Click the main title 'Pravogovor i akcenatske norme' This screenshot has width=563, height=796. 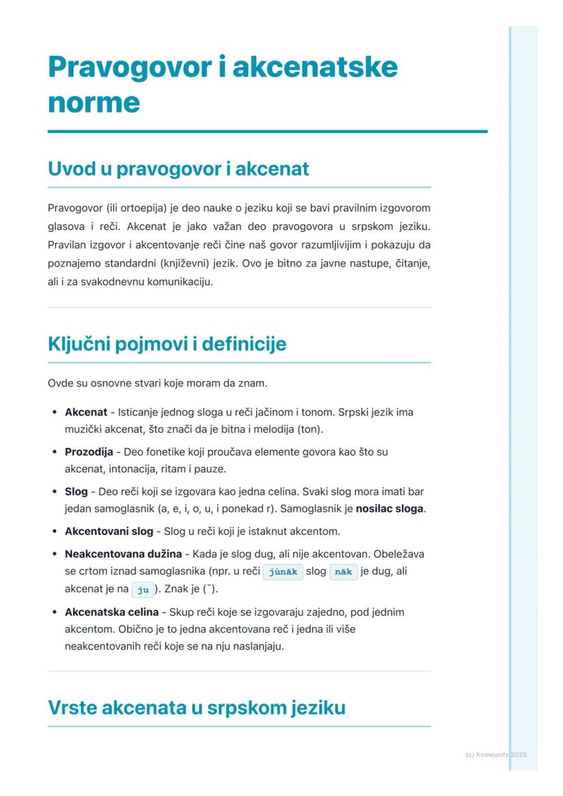pyautogui.click(x=222, y=84)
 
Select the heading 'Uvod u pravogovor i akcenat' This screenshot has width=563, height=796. pyautogui.click(x=178, y=169)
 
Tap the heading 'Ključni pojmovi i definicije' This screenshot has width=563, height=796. pyautogui.click(x=167, y=344)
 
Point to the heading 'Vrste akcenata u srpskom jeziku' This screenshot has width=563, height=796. pyautogui.click(x=197, y=708)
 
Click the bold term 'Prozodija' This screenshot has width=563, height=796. pyautogui.click(x=88, y=452)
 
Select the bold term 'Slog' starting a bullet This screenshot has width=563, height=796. pyautogui.click(x=76, y=491)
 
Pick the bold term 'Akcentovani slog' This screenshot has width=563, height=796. pyautogui.click(x=109, y=531)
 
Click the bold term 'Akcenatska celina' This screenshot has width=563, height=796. pyautogui.click(x=112, y=612)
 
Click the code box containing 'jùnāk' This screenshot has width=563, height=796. pyautogui.click(x=283, y=572)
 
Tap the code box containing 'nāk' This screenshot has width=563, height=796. pyautogui.click(x=343, y=572)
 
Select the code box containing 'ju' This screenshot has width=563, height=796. pyautogui.click(x=143, y=589)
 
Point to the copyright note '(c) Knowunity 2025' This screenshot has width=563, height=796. pyautogui.click(x=496, y=755)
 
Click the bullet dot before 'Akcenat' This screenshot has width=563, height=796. pyautogui.click(x=54, y=413)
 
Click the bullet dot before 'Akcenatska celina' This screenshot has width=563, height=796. pyautogui.click(x=54, y=612)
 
